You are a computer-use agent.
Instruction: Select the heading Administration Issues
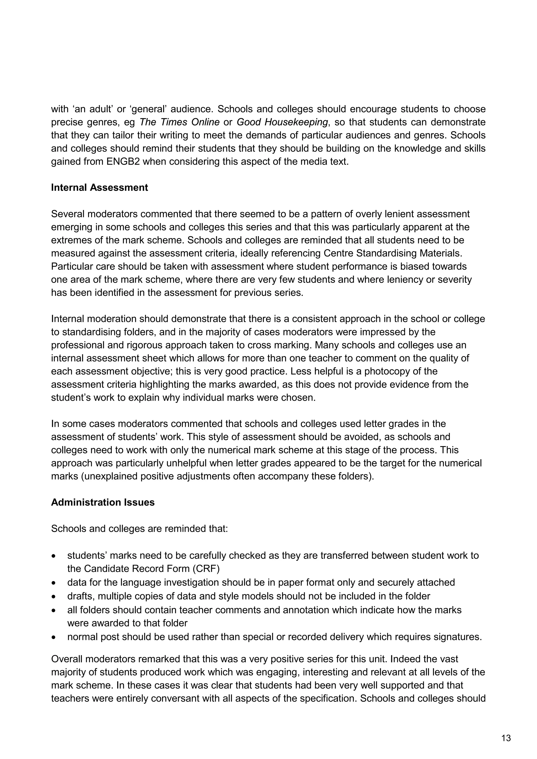pyautogui.click(x=103, y=502)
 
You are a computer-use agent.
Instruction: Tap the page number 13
pyautogui.click(x=506, y=738)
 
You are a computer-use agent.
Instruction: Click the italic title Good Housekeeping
pyautogui.click(x=282, y=122)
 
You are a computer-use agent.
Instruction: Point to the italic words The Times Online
pyautogui.click(x=180, y=122)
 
